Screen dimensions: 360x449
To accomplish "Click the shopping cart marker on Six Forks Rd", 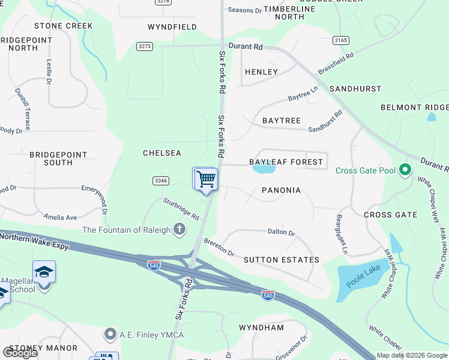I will pos(205,179).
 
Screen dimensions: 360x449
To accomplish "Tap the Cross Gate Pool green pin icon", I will pos(405,171).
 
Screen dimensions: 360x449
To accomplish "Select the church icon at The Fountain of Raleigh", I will pos(179,229).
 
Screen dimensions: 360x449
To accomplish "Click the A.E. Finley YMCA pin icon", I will pos(110,334).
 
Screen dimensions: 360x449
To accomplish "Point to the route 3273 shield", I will pos(145,46).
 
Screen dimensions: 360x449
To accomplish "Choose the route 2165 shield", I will pos(341,40).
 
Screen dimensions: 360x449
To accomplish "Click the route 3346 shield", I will pos(160,180).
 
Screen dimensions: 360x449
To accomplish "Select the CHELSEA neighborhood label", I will pos(162,153).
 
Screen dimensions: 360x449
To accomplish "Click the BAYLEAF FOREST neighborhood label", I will pos(286,162).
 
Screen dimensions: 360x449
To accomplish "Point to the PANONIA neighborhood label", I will pos(281,190).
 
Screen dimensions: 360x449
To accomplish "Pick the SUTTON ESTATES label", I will pos(281,260).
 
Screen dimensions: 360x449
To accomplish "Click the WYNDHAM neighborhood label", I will pos(261,328).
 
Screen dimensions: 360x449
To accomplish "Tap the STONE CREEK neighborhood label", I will pos(64,26).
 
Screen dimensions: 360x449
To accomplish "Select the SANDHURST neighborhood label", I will pos(355,89).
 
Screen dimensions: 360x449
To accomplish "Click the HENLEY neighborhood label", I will pos(261,72).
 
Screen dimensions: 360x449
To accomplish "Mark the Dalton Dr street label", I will pos(282,232).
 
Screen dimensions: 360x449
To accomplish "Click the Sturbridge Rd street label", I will pos(181,208).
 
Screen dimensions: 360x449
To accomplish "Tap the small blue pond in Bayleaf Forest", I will pos(264,169).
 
